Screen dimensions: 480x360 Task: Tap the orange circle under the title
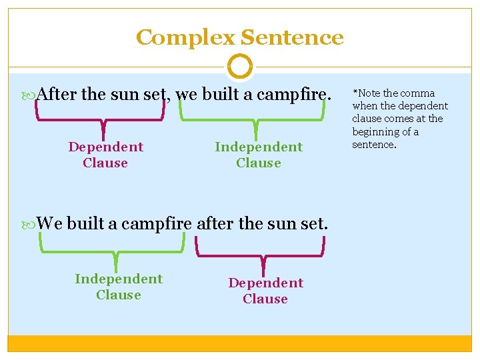[239, 67]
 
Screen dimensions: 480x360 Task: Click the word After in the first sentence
[58, 94]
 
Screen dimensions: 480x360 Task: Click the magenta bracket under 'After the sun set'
[101, 121]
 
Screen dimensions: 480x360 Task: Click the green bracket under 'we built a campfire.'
[256, 121]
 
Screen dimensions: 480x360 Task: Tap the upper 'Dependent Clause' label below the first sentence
[105, 155]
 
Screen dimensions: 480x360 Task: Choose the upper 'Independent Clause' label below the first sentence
[259, 155]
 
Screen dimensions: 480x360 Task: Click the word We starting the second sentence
[50, 223]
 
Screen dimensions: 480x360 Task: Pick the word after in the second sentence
[215, 223]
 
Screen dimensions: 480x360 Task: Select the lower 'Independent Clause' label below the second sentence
[119, 287]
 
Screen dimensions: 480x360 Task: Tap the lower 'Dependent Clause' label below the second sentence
[265, 291]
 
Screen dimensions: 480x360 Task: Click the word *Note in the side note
[366, 93]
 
